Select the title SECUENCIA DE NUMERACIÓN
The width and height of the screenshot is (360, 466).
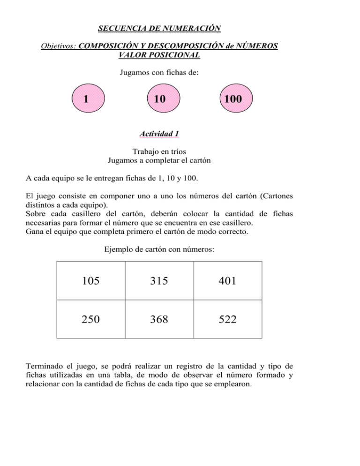(159, 29)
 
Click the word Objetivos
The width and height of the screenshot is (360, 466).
(59, 46)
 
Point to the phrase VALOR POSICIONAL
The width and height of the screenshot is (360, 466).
(160, 55)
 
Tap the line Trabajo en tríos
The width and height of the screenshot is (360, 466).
(159, 152)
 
